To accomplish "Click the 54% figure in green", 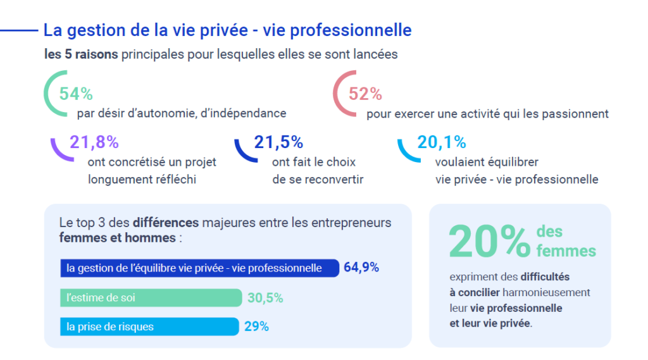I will pyautogui.click(x=76, y=94).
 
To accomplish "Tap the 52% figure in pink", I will pyautogui.click(x=365, y=94).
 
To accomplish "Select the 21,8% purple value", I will pyautogui.click(x=94, y=142).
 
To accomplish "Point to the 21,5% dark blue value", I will pyautogui.click(x=278, y=142).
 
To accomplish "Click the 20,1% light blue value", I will pyautogui.click(x=442, y=142).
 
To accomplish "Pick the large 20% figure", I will pyautogui.click(x=489, y=240).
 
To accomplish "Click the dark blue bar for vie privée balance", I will pyautogui.click(x=199, y=268).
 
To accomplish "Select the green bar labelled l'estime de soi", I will pyautogui.click(x=151, y=297).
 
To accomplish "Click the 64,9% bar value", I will pyautogui.click(x=361, y=268).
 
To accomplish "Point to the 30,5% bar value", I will pyautogui.click(x=265, y=298).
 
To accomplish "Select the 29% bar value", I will pyautogui.click(x=256, y=327).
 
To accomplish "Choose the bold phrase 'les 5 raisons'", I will pyautogui.click(x=81, y=54).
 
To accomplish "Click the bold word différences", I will pyautogui.click(x=166, y=223).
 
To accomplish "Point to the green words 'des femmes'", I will pyautogui.click(x=565, y=242).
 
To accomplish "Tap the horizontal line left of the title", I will pyautogui.click(x=19, y=30).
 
